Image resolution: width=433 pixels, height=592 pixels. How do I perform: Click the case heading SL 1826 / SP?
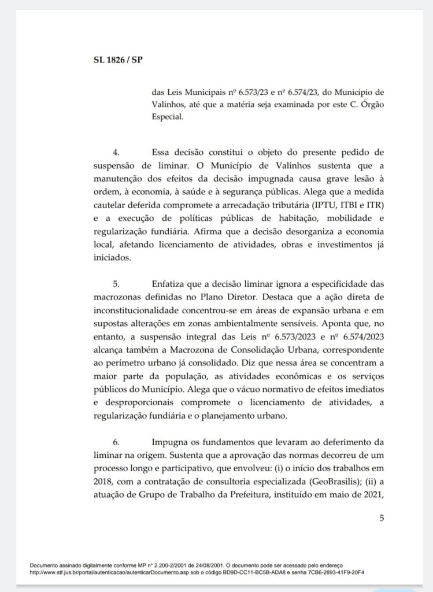point(118,60)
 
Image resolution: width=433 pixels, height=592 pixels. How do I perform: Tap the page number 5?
point(382,518)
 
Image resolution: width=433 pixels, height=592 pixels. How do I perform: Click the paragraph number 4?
point(116,153)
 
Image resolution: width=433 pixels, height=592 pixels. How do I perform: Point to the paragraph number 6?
point(116,442)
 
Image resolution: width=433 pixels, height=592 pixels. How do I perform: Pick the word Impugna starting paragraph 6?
point(171,442)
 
